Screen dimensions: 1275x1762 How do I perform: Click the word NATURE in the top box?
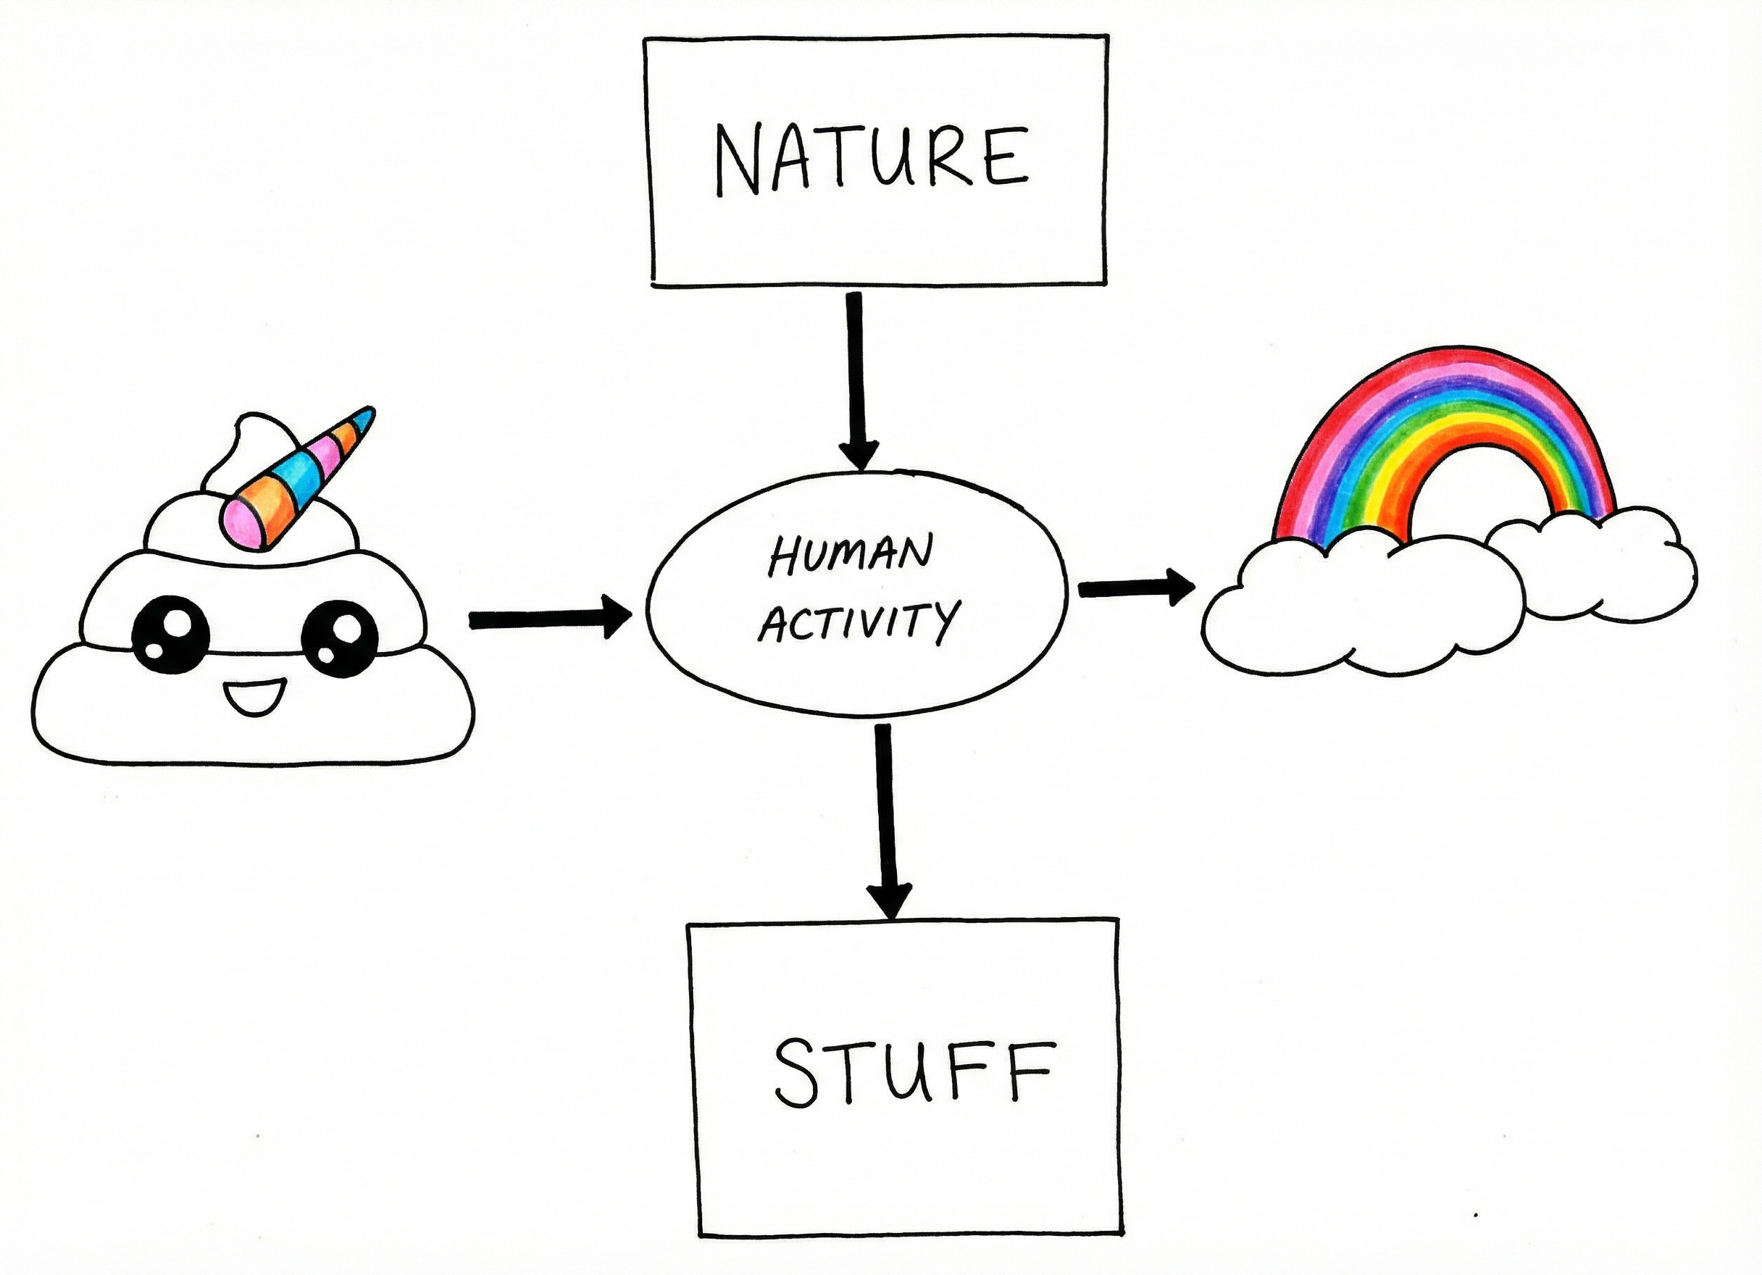[872, 159]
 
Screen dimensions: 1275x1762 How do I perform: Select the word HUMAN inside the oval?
[850, 553]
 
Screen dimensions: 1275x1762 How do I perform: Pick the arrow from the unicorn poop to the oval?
[548, 619]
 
